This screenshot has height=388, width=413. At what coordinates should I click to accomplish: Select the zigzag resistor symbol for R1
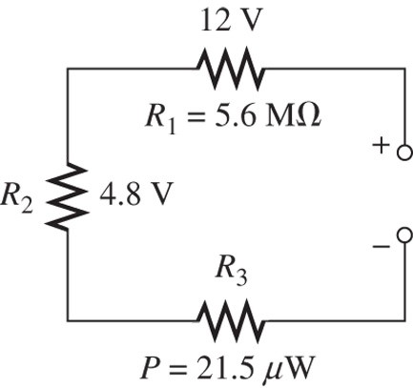(229, 68)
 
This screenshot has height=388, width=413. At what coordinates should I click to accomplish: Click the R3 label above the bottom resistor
(229, 273)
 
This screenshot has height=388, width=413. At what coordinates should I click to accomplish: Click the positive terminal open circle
(403, 153)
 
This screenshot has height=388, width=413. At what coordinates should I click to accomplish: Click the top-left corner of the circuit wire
(67, 69)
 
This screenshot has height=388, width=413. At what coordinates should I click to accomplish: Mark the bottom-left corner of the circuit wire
(67, 318)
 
